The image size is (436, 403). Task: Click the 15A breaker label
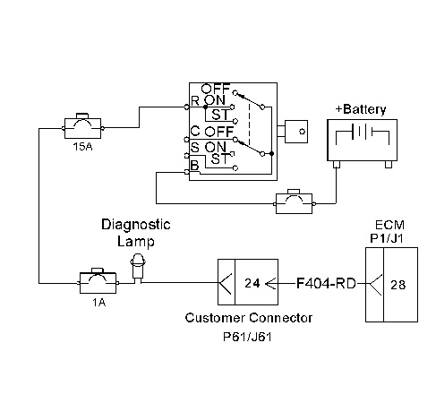click(82, 147)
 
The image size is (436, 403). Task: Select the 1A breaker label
click(98, 303)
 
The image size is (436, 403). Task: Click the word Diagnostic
click(136, 225)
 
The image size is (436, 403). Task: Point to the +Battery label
click(361, 109)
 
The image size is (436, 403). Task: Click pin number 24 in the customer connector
click(252, 283)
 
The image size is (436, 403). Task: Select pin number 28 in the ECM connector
click(398, 285)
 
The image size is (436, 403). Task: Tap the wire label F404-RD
click(326, 283)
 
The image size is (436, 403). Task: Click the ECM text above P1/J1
click(389, 225)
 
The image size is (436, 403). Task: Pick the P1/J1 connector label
click(387, 238)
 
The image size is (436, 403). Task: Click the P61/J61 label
click(247, 337)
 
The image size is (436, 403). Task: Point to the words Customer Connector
click(249, 318)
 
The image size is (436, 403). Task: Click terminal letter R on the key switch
click(195, 101)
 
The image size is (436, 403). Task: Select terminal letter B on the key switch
click(194, 165)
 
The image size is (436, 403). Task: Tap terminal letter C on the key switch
click(195, 131)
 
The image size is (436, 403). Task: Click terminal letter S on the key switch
click(194, 147)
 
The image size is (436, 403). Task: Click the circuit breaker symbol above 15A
click(82, 126)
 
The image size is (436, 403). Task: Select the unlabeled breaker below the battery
click(294, 202)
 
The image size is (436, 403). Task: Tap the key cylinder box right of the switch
click(296, 132)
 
